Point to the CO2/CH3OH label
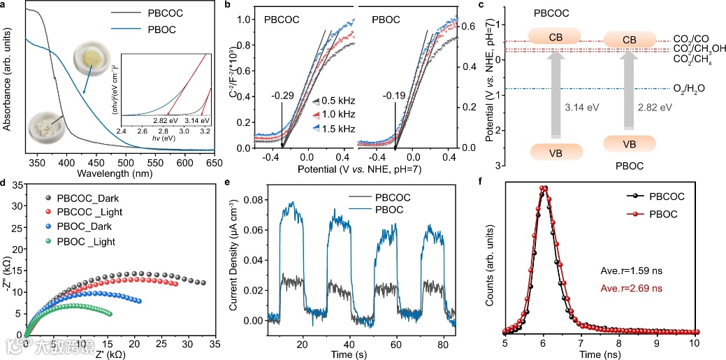tap(699, 49)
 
